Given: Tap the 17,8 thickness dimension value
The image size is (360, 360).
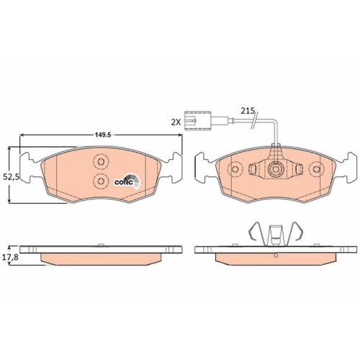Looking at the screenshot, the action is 10,258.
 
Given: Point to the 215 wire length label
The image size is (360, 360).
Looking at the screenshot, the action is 248,111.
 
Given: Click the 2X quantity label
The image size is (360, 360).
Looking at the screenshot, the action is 176,122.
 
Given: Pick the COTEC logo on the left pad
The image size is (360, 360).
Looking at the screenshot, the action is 127,181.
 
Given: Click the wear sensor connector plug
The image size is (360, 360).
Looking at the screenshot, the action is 197,121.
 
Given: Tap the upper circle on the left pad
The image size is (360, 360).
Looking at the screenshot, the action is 101,162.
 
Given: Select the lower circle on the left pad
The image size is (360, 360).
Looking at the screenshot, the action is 101,181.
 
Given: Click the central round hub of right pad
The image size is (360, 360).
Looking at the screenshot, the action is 275,169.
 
